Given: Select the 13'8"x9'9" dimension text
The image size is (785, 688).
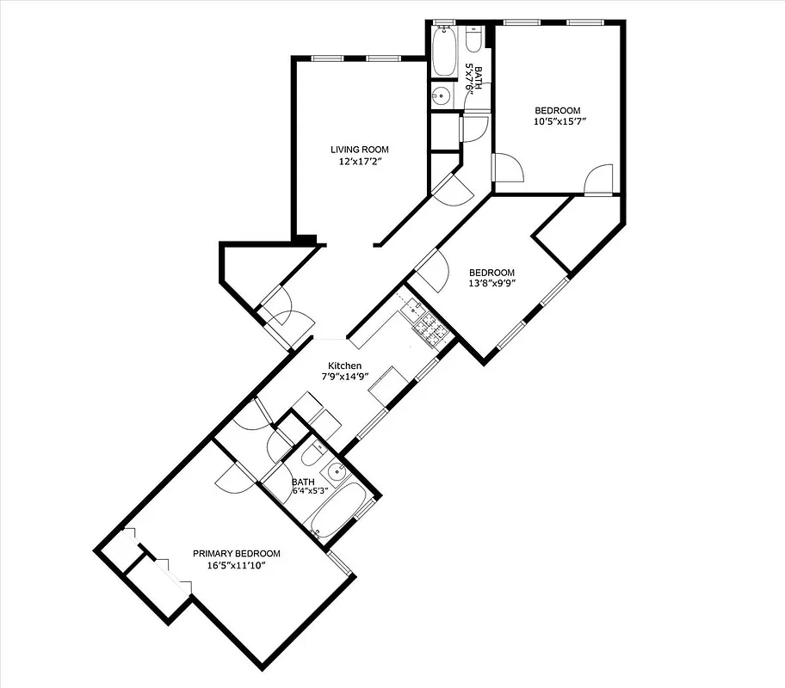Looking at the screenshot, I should [x=491, y=284].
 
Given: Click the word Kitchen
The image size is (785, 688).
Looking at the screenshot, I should [x=344, y=366].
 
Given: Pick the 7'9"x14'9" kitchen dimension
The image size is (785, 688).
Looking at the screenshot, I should [x=344, y=377].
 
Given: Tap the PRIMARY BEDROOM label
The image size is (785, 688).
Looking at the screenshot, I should [x=236, y=554].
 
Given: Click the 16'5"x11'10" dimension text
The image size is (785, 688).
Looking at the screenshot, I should [x=236, y=565].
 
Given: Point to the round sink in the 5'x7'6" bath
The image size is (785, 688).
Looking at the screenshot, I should [x=440, y=95].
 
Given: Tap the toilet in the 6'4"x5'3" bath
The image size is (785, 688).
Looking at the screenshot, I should [x=312, y=454].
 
